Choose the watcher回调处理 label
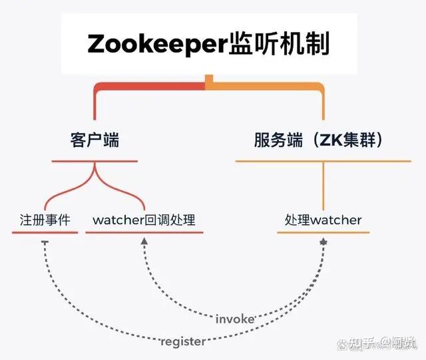click(x=144, y=220)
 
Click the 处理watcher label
click(x=323, y=220)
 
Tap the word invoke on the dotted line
click(x=235, y=319)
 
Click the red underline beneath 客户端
click(x=95, y=161)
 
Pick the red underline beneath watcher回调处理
click(x=144, y=232)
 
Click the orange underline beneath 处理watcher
click(x=323, y=232)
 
